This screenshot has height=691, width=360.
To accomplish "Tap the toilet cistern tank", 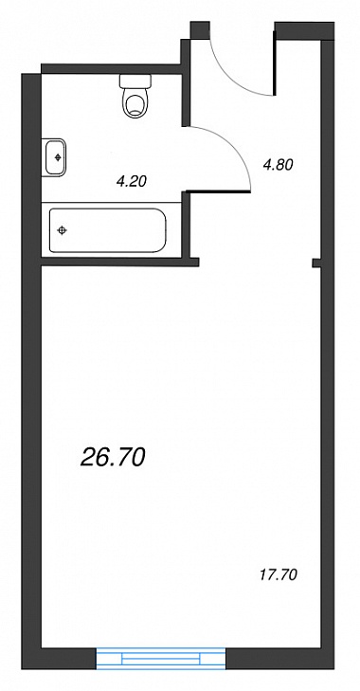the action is pyautogui.click(x=135, y=81).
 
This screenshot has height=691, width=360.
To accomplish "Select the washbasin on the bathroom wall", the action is pyautogui.click(x=54, y=157).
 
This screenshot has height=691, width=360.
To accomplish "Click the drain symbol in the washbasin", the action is pyautogui.click(x=57, y=157).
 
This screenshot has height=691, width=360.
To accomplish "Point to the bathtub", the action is pyautogui.click(x=108, y=230).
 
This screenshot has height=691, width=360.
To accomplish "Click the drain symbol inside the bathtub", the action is pyautogui.click(x=63, y=230).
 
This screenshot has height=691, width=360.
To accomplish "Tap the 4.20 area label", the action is pyautogui.click(x=131, y=181).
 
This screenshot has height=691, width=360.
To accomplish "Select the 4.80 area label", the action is pyautogui.click(x=278, y=165).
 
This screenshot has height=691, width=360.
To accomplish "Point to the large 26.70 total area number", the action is pyautogui.click(x=113, y=458).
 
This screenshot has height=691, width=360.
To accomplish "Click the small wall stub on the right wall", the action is pyautogui.click(x=316, y=264).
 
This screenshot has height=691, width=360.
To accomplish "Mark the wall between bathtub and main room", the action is pyautogui.click(x=119, y=263).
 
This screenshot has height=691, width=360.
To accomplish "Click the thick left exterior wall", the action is pyautogui.click(x=31, y=371).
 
